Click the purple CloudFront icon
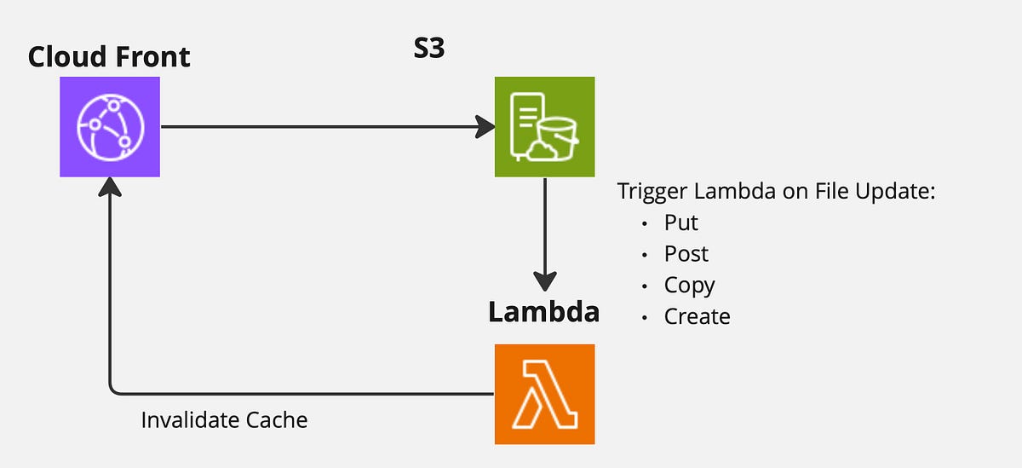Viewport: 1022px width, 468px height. tap(110, 127)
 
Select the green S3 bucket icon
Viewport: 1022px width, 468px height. tap(544, 127)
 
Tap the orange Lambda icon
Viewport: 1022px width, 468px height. tap(544, 394)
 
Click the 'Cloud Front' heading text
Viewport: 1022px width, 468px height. tap(109, 57)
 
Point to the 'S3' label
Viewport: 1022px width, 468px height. tap(428, 49)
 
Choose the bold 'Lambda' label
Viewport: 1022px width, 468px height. tap(543, 312)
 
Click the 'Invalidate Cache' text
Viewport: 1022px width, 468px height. tap(224, 420)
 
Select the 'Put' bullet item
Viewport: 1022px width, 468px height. tap(681, 223)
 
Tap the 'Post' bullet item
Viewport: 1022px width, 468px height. tap(686, 254)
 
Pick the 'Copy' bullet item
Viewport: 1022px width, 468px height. tap(689, 286)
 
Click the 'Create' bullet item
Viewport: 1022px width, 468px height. tap(697, 316)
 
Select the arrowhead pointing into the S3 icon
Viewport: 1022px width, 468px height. tap(485, 127)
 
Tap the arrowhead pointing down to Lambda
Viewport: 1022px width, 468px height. tap(544, 282)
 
